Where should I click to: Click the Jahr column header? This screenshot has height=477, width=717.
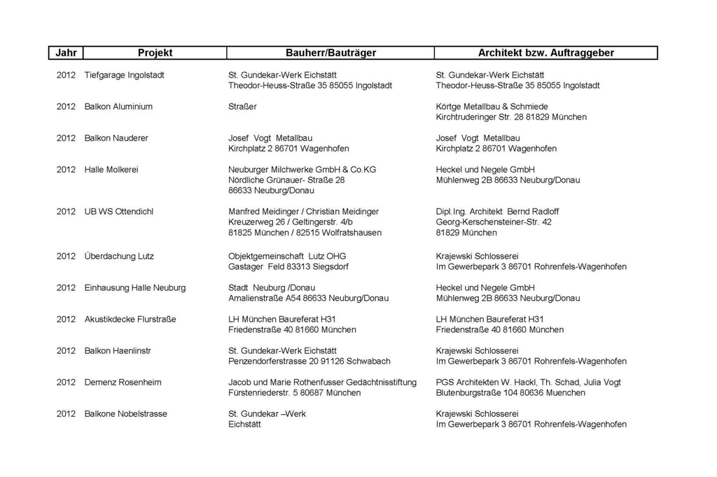click(x=66, y=53)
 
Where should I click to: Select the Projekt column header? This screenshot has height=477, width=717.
click(x=155, y=53)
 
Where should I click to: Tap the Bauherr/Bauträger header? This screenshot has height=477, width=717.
click(x=330, y=53)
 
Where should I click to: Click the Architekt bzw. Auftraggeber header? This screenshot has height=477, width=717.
click(x=545, y=53)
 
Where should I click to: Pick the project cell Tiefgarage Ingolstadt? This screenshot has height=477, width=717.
click(x=124, y=75)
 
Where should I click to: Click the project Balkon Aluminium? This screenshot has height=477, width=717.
click(x=118, y=106)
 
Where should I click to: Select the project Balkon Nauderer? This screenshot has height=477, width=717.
click(x=116, y=138)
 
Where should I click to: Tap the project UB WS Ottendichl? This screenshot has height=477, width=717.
click(x=118, y=211)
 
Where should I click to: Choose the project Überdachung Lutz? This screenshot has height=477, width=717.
click(x=119, y=256)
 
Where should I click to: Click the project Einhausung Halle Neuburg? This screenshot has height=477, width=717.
click(x=135, y=287)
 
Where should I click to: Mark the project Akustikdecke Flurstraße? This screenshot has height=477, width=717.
click(x=130, y=319)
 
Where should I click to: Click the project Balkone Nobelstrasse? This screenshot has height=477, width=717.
click(x=125, y=413)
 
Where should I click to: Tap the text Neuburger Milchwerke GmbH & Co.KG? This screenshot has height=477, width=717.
click(x=302, y=169)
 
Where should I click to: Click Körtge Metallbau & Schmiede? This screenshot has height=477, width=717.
click(x=492, y=106)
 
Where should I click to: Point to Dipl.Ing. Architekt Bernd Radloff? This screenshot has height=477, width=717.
click(x=497, y=211)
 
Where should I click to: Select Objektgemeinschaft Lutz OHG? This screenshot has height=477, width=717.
click(x=287, y=256)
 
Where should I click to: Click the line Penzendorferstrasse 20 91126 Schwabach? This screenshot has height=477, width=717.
click(x=309, y=361)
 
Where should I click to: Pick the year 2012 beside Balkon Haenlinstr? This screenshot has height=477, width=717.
click(x=66, y=350)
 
